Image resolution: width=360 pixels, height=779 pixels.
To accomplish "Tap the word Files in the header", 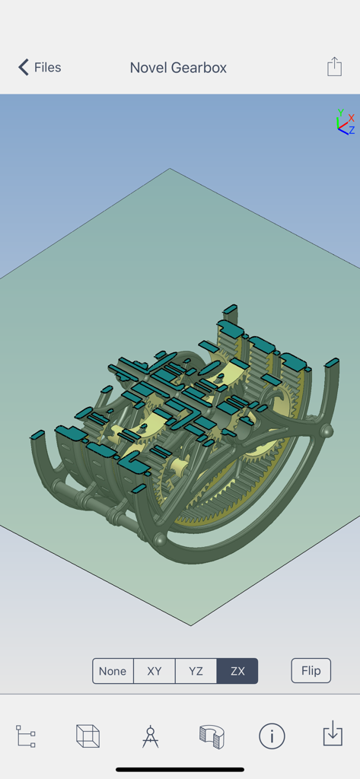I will pos(47,68).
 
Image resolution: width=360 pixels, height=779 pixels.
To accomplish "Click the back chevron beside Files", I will pos(24,68).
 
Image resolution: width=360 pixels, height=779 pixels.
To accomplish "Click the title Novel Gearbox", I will pos(178,68).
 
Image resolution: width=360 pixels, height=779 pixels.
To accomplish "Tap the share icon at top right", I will pos(334,67).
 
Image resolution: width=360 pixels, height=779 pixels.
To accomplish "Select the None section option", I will pos(113,671).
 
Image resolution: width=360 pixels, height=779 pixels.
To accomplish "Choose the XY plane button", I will pos(155,671).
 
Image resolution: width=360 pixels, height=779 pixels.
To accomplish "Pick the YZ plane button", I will pos(196,671).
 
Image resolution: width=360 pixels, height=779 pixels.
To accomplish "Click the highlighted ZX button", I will pos(237,671).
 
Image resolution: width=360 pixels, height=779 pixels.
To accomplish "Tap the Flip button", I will pos(311,671).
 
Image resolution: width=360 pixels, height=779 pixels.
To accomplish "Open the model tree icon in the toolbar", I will pos(26,736).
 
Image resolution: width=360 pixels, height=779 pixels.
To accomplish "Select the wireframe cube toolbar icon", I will pos(88,736).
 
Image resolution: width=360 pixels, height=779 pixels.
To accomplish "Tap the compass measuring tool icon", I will pos(150,736).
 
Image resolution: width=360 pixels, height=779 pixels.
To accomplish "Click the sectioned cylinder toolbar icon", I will pos(212,736).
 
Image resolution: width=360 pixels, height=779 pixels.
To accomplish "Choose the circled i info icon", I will pos(272,736).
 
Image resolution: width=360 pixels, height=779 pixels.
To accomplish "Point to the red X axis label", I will pos(351,118).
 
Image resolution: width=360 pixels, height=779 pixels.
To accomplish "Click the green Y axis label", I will pos(341,113).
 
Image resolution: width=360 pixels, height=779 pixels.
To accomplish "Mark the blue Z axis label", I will pos(351,130).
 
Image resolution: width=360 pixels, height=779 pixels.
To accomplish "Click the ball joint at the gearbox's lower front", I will pos(161,539).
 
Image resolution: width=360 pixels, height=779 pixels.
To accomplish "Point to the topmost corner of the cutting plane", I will pos(170,169).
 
